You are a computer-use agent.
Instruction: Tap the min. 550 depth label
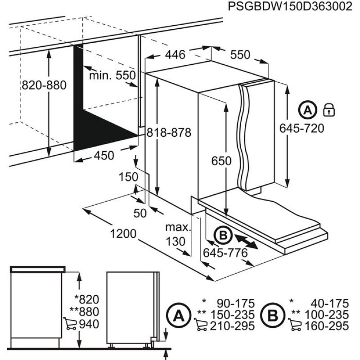(112, 75)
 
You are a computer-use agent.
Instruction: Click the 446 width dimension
(175, 55)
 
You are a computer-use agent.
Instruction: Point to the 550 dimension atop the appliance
(240, 55)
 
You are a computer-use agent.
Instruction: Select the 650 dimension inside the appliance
(221, 161)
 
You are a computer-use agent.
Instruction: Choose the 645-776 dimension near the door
(225, 253)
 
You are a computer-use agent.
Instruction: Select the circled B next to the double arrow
(222, 235)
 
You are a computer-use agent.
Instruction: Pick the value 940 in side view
(89, 324)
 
